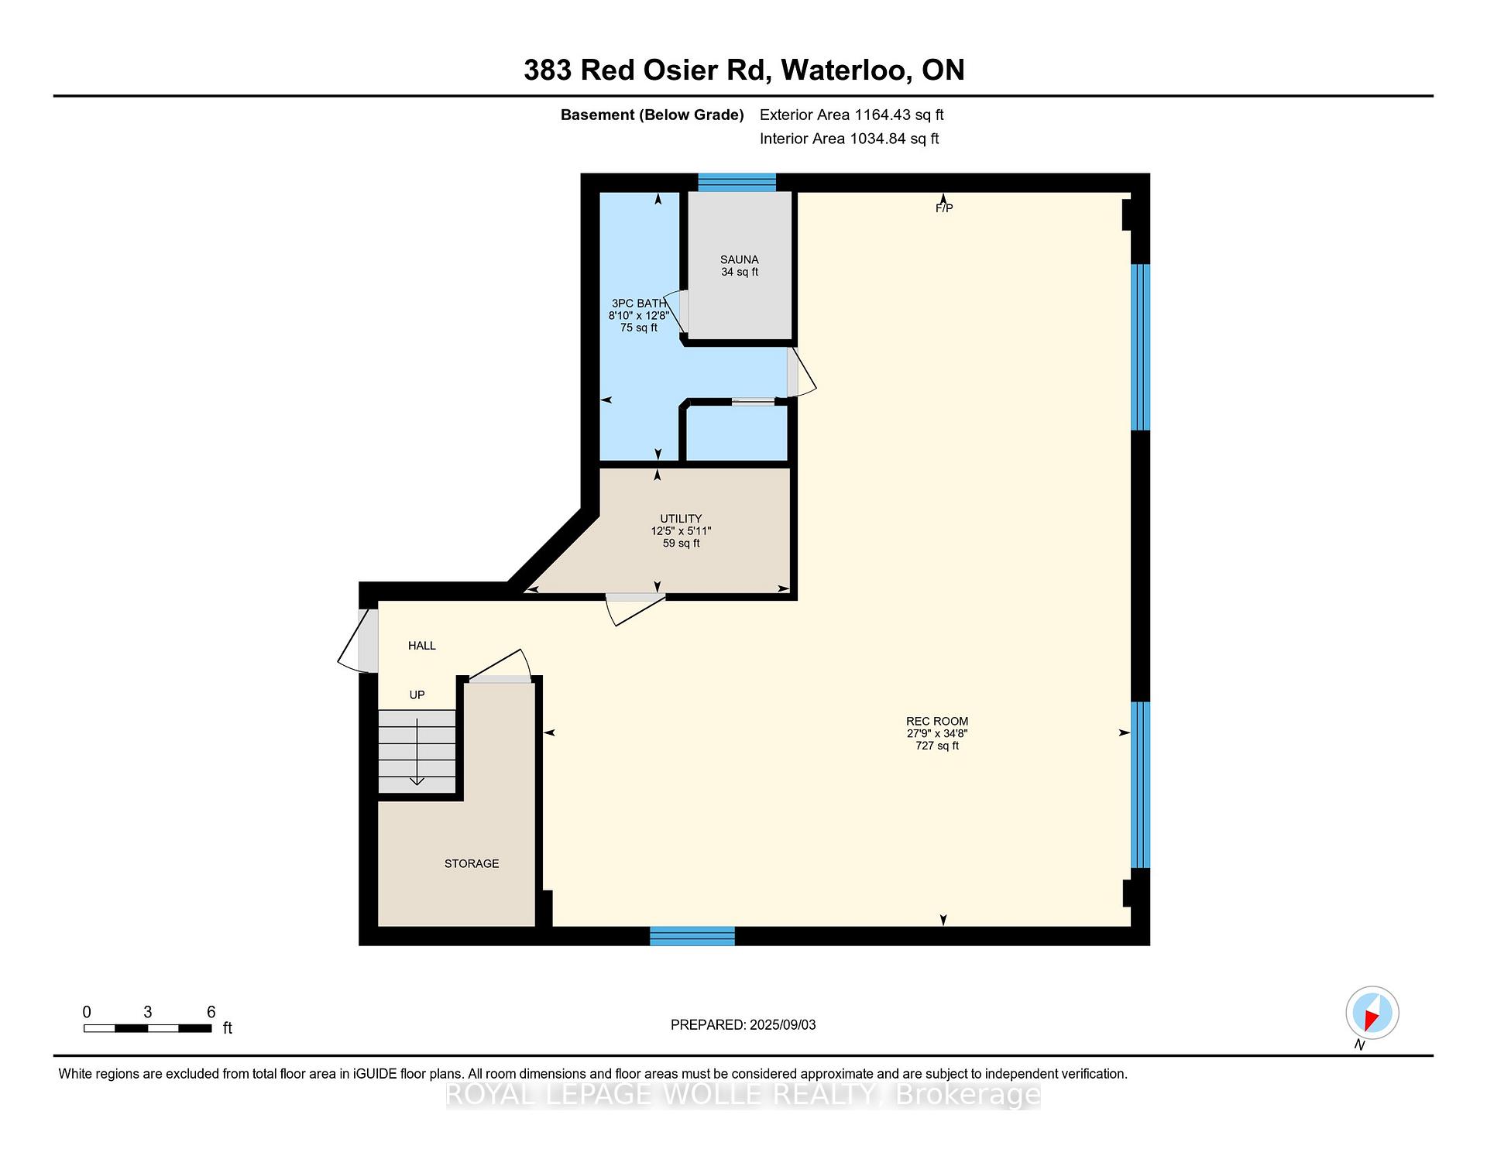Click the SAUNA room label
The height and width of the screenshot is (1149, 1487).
click(x=740, y=259)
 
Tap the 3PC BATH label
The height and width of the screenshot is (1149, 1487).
click(x=639, y=304)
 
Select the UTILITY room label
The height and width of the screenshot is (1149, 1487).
click(x=681, y=519)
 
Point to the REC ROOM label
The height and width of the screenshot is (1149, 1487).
click(x=937, y=722)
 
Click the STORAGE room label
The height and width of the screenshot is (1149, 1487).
click(x=472, y=864)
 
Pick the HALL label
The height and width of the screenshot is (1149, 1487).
click(x=422, y=646)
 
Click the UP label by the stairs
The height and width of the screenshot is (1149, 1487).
click(x=417, y=695)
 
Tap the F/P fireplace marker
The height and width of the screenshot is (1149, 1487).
click(x=943, y=208)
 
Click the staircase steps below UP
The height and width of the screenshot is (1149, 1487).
click(x=417, y=751)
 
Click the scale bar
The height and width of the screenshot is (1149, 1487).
click(x=147, y=1028)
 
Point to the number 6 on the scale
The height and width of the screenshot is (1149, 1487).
click(x=211, y=1012)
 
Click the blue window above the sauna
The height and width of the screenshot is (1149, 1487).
click(x=737, y=183)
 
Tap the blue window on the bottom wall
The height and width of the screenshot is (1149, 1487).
click(x=692, y=936)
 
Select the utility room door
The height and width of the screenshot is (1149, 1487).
click(x=635, y=609)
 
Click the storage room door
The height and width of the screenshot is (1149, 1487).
click(x=500, y=667)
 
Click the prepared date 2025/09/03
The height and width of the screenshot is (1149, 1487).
click(x=782, y=1025)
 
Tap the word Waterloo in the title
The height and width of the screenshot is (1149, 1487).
click(x=847, y=70)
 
